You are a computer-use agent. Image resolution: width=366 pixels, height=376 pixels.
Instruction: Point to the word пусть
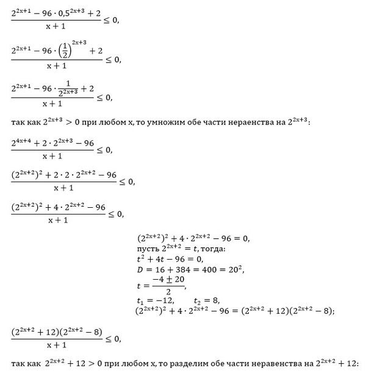(x=149, y=250)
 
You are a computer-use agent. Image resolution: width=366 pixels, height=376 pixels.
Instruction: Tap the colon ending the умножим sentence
(x=310, y=123)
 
